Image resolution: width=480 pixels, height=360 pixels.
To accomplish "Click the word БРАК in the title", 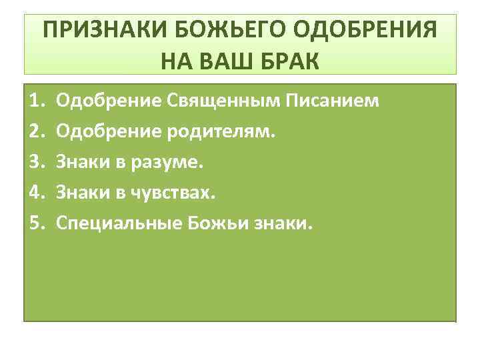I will [293, 61].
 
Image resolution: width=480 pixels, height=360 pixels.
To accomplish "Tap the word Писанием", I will [333, 101].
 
